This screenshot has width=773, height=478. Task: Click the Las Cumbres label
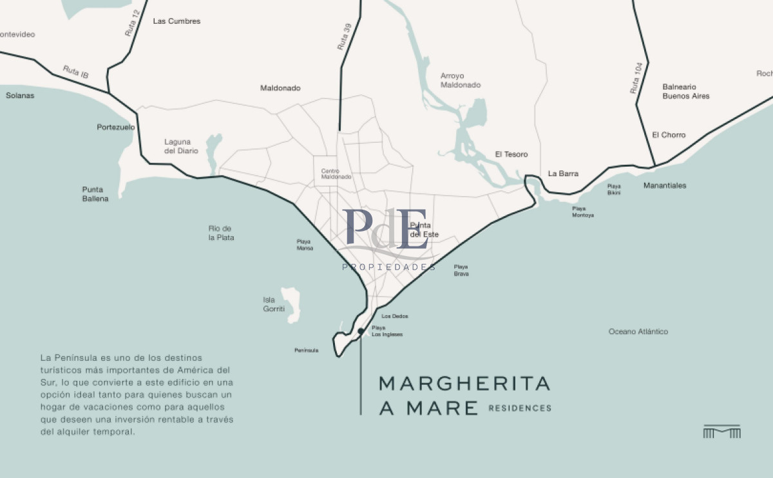click(x=177, y=21)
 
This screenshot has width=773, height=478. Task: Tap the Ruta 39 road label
click(x=345, y=37)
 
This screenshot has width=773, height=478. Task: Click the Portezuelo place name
click(x=116, y=127)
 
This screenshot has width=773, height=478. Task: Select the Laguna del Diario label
click(x=181, y=146)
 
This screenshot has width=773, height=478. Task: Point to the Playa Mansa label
click(x=304, y=244)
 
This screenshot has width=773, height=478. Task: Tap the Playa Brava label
click(x=461, y=270)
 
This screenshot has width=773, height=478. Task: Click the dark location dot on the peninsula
click(x=361, y=331)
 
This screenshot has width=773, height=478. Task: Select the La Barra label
click(x=563, y=174)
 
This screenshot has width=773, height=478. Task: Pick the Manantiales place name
click(x=665, y=186)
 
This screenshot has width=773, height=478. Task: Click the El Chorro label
click(x=669, y=135)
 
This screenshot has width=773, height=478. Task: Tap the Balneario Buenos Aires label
click(x=686, y=91)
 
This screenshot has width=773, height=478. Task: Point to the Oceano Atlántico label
click(x=638, y=332)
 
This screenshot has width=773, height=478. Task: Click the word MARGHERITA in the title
click(x=464, y=384)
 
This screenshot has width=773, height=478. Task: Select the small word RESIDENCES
click(x=520, y=408)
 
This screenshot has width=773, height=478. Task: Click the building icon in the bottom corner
click(x=721, y=432)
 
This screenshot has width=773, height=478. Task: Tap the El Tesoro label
click(x=511, y=154)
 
